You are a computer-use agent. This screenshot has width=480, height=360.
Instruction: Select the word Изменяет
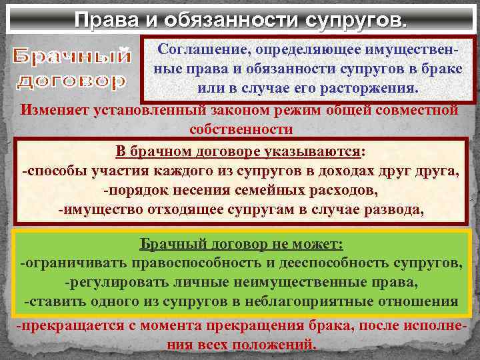coord(55,109)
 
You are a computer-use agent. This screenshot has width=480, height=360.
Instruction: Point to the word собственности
coord(241,129)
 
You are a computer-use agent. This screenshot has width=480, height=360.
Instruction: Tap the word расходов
coord(341,191)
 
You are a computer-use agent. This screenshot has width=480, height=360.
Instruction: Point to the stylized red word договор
coord(71,82)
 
